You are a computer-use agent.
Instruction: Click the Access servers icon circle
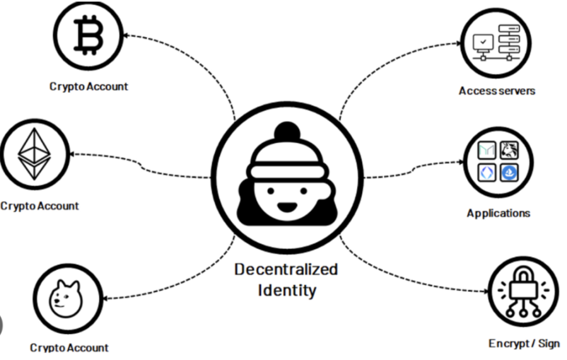(496, 43)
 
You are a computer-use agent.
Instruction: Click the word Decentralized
(286, 270)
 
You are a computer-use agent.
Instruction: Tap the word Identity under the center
(286, 290)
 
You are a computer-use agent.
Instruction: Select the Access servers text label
(496, 91)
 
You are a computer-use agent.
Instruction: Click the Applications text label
(498, 214)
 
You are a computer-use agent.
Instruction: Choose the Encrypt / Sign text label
(524, 343)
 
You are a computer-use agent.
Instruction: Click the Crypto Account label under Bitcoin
(89, 86)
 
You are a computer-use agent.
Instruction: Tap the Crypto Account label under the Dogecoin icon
(69, 348)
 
